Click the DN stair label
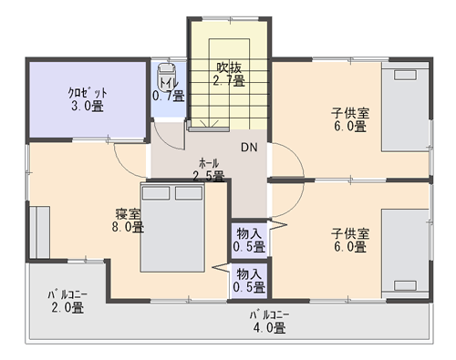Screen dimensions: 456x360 click(x=249, y=147)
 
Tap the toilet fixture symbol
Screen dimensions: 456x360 click(x=166, y=76)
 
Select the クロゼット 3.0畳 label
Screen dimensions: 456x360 click(x=88, y=99)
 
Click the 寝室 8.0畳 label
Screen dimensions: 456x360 click(x=128, y=221)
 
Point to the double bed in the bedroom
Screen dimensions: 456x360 click(x=172, y=227)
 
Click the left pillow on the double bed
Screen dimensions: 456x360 click(x=156, y=193)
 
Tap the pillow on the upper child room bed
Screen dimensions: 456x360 click(x=405, y=75)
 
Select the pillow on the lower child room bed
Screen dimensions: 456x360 click(x=405, y=285)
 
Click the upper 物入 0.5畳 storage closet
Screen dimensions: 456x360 click(x=249, y=241)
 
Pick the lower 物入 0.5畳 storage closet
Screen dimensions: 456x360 click(x=249, y=281)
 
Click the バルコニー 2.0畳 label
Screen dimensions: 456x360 click(x=67, y=302)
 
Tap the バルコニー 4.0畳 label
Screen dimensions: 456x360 click(x=270, y=322)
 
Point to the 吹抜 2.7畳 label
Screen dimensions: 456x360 click(x=229, y=74)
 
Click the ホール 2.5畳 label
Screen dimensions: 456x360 click(x=209, y=170)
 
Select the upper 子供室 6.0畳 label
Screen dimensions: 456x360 click(x=350, y=119)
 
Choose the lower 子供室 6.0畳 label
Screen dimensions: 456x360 click(x=350, y=240)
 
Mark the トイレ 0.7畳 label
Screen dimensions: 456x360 click(x=169, y=90)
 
